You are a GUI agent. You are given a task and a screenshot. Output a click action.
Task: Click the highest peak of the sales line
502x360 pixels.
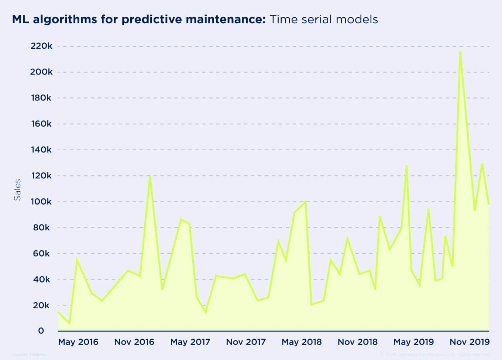[x=460, y=52]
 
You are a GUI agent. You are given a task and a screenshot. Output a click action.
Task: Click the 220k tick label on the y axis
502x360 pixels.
[x=41, y=46]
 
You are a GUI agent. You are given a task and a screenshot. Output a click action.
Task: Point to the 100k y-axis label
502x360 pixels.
[x=41, y=202]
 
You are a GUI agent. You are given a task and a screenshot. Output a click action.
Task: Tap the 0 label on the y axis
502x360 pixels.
[x=41, y=331]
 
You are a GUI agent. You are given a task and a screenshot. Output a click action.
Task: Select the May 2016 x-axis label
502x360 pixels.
[x=78, y=342]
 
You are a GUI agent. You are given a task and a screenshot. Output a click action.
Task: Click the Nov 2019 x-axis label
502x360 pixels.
[x=470, y=342]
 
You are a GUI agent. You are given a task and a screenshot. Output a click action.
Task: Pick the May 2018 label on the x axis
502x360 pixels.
[x=302, y=342]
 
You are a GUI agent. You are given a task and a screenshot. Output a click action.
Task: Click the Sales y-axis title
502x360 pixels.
[x=17, y=190]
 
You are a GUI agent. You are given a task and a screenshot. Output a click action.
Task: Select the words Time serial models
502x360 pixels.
[x=324, y=19]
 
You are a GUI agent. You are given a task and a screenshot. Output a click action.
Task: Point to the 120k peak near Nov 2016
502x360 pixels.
[x=150, y=176]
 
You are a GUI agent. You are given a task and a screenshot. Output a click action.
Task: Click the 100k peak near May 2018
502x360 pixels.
[x=305, y=202]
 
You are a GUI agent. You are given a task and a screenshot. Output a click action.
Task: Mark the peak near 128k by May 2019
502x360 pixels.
[x=406, y=166]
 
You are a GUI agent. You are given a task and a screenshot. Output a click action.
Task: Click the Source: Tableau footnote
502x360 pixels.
[x=29, y=354]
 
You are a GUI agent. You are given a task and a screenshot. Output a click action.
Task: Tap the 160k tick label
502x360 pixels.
[x=41, y=124]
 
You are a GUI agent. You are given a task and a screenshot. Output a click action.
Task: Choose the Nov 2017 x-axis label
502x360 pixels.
[x=246, y=342]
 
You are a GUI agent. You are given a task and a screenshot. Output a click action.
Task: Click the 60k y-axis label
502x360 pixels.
[x=41, y=253]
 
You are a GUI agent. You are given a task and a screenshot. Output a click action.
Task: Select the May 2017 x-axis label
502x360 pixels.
[x=190, y=342]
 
